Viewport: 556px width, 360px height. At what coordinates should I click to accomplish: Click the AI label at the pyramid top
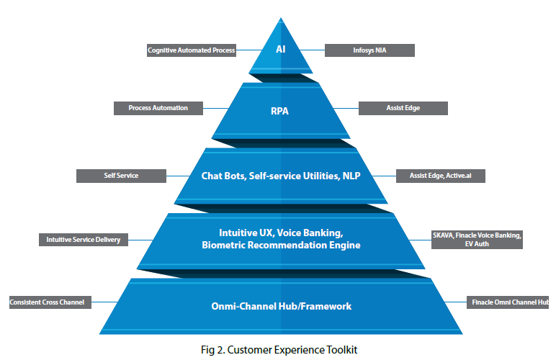click(x=281, y=50)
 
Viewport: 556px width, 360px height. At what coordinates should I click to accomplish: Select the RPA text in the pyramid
click(x=280, y=112)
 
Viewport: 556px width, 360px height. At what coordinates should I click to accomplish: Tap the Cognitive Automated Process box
click(x=191, y=50)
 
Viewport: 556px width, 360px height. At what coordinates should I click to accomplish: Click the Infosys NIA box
click(x=369, y=50)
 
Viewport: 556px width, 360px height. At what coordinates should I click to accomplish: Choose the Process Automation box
click(x=158, y=108)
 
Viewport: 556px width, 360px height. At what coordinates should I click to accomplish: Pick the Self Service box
click(x=120, y=175)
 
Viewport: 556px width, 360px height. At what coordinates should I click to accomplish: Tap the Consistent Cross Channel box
click(x=48, y=302)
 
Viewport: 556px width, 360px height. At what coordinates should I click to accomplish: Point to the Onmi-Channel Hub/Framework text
click(x=280, y=306)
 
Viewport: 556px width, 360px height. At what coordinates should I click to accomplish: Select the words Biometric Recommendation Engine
click(x=281, y=246)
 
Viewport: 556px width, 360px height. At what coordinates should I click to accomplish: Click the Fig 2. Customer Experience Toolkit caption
click(x=279, y=350)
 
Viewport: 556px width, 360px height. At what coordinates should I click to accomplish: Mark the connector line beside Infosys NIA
click(x=314, y=50)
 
